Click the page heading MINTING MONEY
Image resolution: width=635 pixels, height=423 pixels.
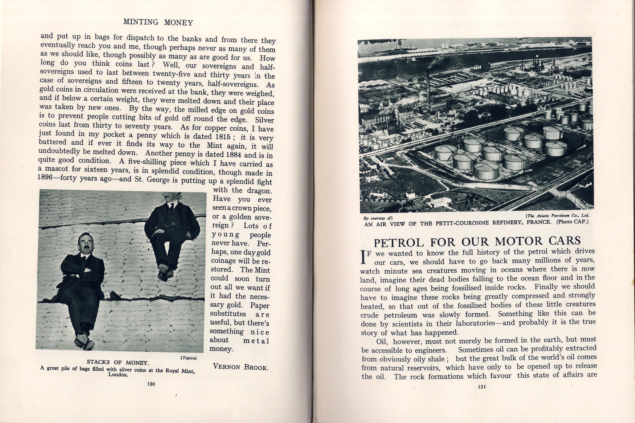(x=158, y=22)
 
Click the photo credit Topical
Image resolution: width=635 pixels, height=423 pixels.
(x=189, y=358)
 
